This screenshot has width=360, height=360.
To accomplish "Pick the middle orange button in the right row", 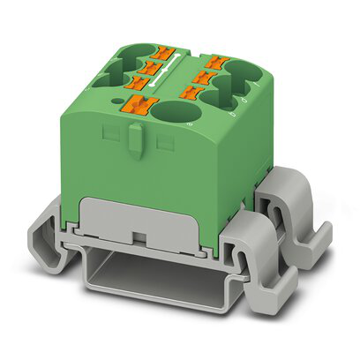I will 202,76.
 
